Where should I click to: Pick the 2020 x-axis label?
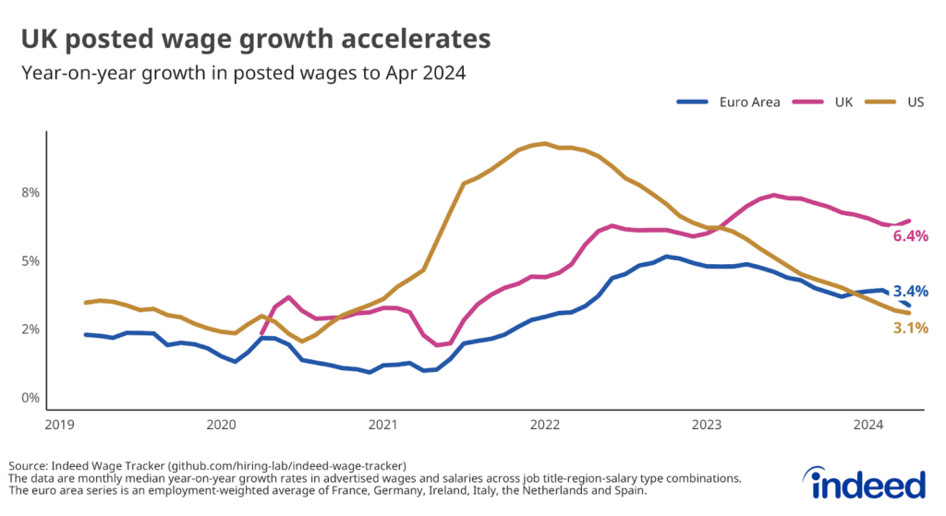221,425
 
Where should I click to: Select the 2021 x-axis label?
382,425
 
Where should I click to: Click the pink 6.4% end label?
910,236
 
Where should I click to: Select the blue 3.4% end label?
910,292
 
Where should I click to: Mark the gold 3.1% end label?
910,328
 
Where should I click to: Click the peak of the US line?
545,143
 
